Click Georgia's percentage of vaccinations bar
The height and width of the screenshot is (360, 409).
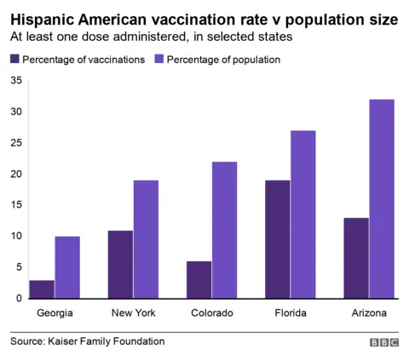click(42, 289)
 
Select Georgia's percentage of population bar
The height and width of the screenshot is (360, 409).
click(67, 267)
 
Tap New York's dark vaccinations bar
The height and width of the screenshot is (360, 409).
click(120, 264)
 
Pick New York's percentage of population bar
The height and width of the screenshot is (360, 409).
click(146, 239)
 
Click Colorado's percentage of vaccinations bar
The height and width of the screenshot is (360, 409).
click(199, 280)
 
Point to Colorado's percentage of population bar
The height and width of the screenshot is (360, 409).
click(224, 230)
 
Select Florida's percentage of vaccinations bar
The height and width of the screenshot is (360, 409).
click(277, 239)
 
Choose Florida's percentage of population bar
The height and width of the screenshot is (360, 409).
click(303, 214)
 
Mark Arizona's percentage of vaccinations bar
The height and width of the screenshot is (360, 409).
click(356, 258)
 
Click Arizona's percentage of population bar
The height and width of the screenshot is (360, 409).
click(382, 199)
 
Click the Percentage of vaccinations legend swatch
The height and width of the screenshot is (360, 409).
click(14, 60)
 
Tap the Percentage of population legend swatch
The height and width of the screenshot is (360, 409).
click(159, 60)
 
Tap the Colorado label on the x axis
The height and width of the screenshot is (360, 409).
click(211, 313)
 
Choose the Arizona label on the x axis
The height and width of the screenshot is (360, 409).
click(369, 313)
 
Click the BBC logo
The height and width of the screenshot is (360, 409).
click(384, 342)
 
